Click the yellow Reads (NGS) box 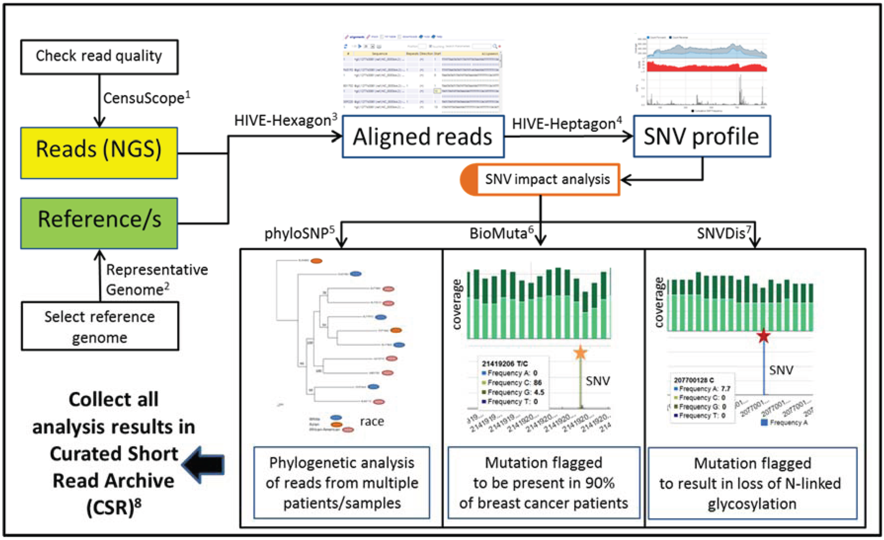(x=99, y=153)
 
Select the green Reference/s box (x=99, y=223)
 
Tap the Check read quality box (x=99, y=57)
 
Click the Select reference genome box (x=100, y=326)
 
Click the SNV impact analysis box (x=547, y=179)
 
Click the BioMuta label (x=501, y=234)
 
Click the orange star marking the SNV (x=580, y=353)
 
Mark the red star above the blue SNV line (x=763, y=336)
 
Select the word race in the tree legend (x=372, y=421)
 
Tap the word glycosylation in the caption (x=752, y=504)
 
